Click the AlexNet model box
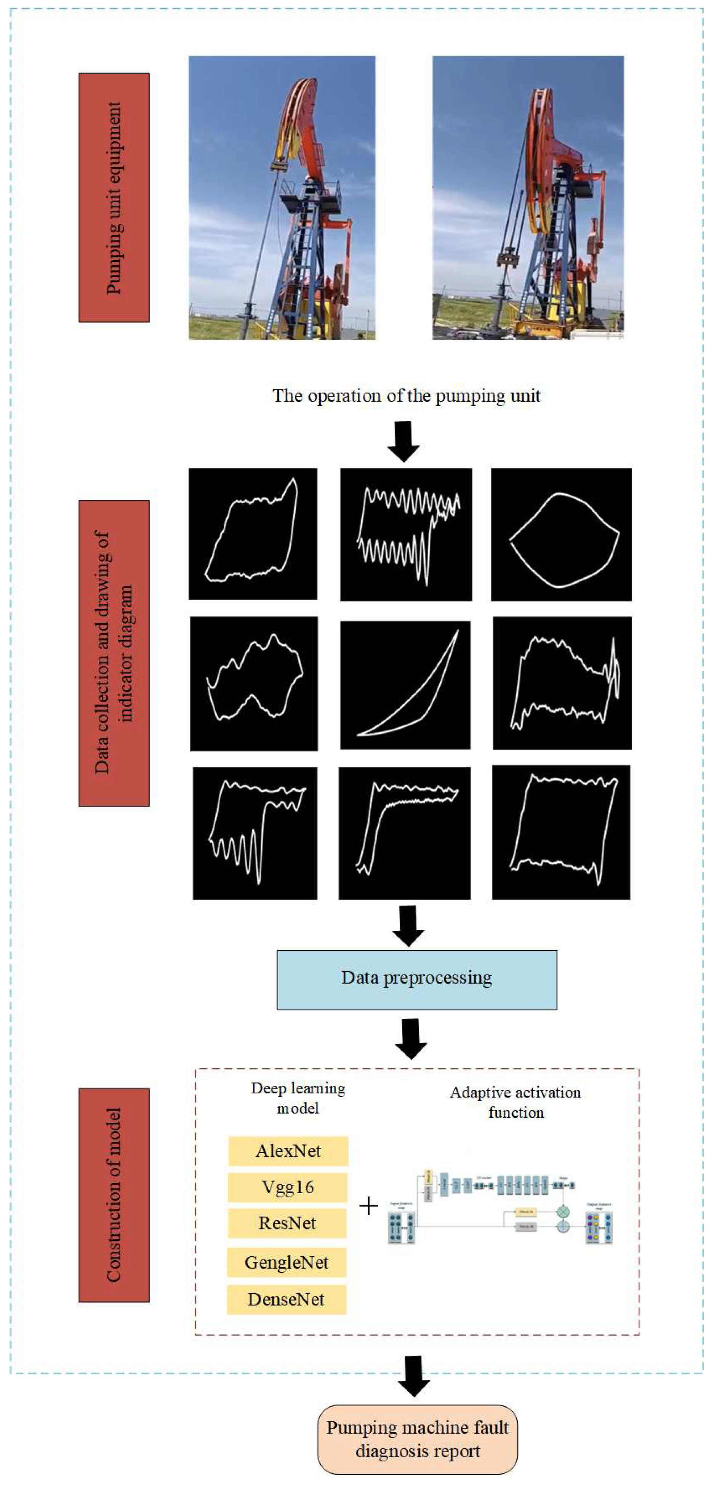(288, 1151)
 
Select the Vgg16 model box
(287, 1187)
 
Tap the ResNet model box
(287, 1223)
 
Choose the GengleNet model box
(287, 1263)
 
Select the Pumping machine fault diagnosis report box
(418, 1439)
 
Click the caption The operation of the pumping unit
(406, 396)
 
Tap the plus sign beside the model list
(368, 1206)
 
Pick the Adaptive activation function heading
(515, 1102)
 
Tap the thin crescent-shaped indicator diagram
(405, 684)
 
